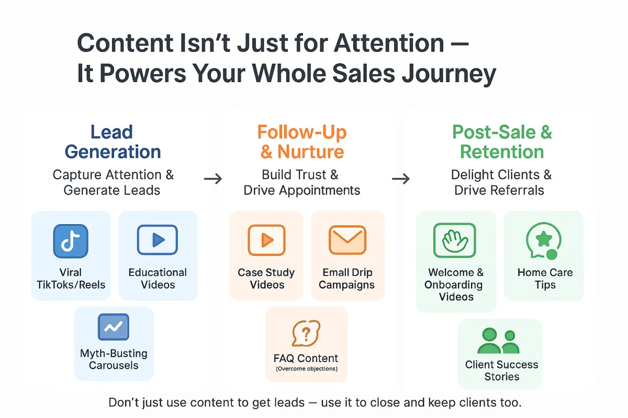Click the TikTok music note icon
click(71, 241)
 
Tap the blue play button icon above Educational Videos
click(158, 240)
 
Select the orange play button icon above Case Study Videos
click(266, 240)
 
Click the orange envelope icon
click(347, 240)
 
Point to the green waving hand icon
click(454, 240)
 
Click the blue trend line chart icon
click(114, 327)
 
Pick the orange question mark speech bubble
click(306, 333)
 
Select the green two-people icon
click(498, 341)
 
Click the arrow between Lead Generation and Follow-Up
click(213, 179)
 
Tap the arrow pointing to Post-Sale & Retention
click(401, 179)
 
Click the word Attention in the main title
click(389, 43)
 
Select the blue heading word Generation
click(113, 152)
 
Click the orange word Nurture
click(310, 152)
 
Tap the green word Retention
click(502, 152)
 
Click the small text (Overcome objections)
click(307, 369)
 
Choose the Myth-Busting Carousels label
click(114, 359)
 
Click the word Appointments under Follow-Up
click(320, 191)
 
